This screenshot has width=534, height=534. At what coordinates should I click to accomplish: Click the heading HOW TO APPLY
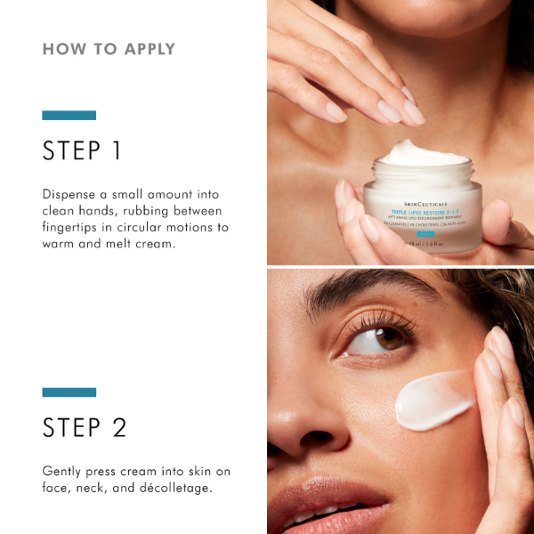tap(109, 49)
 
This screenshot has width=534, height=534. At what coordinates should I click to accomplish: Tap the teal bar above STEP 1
tap(69, 115)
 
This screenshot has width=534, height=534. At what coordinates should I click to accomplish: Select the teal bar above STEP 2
tap(69, 392)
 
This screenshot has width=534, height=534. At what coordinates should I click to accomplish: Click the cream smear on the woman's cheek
tap(433, 400)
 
